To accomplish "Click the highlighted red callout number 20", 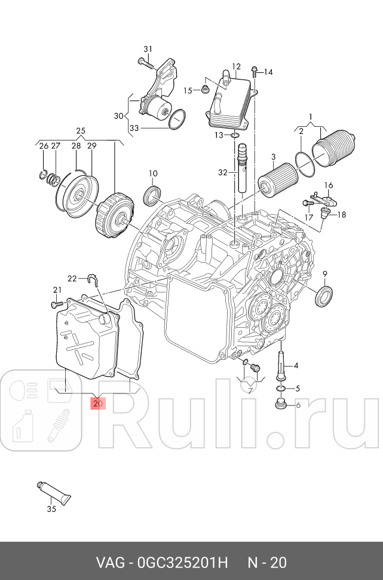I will [x=98, y=404].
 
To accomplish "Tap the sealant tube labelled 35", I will [x=55, y=492].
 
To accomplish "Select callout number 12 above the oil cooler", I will [x=236, y=67].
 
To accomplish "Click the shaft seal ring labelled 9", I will [x=325, y=297].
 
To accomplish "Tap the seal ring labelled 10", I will [x=154, y=194].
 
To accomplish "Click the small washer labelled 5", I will [x=281, y=389].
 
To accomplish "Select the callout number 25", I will [x=81, y=131].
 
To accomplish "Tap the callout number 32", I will [x=223, y=173].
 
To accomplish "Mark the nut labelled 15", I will [x=204, y=91].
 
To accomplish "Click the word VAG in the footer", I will [x=110, y=563].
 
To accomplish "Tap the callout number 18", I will [x=342, y=215].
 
